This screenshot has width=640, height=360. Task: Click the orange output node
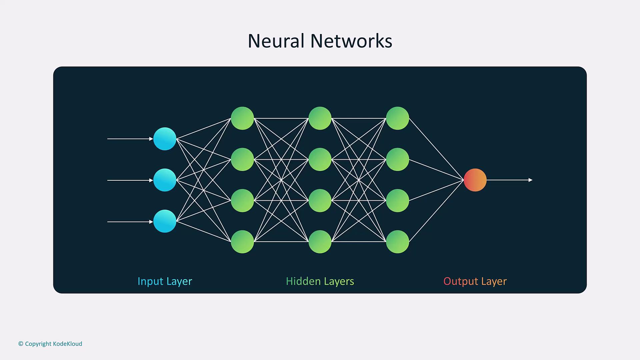pyautogui.click(x=475, y=180)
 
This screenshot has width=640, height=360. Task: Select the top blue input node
pyautogui.click(x=165, y=139)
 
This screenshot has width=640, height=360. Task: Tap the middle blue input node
pyautogui.click(x=165, y=180)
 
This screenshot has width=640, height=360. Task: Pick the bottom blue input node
pyautogui.click(x=165, y=221)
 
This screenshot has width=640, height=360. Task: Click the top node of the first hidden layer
pyautogui.click(x=242, y=118)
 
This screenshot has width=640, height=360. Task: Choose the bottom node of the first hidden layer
pyautogui.click(x=242, y=242)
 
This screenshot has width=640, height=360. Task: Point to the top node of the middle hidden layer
pyautogui.click(x=320, y=118)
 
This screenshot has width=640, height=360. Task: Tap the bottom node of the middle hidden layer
pyautogui.click(x=320, y=242)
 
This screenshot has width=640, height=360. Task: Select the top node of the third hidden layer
pyautogui.click(x=397, y=118)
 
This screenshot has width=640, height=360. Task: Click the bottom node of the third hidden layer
pyautogui.click(x=397, y=242)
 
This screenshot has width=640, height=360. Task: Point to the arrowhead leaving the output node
pyautogui.click(x=530, y=180)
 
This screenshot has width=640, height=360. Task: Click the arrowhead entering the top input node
pyautogui.click(x=151, y=139)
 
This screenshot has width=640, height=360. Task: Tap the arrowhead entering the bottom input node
pyautogui.click(x=151, y=222)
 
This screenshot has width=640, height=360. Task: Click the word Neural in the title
pyautogui.click(x=276, y=41)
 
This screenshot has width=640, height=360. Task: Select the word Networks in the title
pyautogui.click(x=351, y=41)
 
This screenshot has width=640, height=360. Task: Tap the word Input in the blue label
pyautogui.click(x=150, y=281)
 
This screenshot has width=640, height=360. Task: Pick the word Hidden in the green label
pyautogui.click(x=303, y=281)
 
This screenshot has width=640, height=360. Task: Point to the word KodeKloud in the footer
pyautogui.click(x=67, y=344)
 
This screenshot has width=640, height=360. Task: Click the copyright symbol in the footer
pyautogui.click(x=21, y=344)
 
